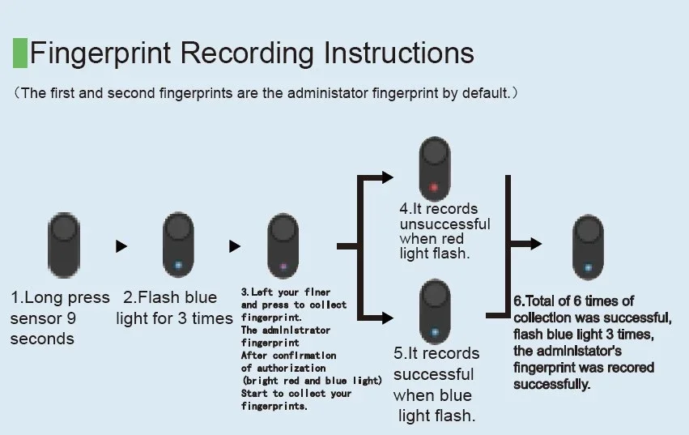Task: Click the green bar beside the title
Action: point(20,53)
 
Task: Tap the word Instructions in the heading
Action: point(398,53)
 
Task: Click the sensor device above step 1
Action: point(62,241)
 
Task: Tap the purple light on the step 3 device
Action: point(283,266)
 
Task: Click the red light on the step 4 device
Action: point(434,188)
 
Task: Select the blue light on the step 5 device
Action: point(435,331)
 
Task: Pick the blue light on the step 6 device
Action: point(589,267)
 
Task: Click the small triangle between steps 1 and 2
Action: point(121,246)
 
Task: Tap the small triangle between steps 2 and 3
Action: point(235,246)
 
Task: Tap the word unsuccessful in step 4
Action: point(444,224)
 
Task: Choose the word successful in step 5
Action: point(434,374)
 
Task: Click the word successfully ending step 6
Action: point(551,384)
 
